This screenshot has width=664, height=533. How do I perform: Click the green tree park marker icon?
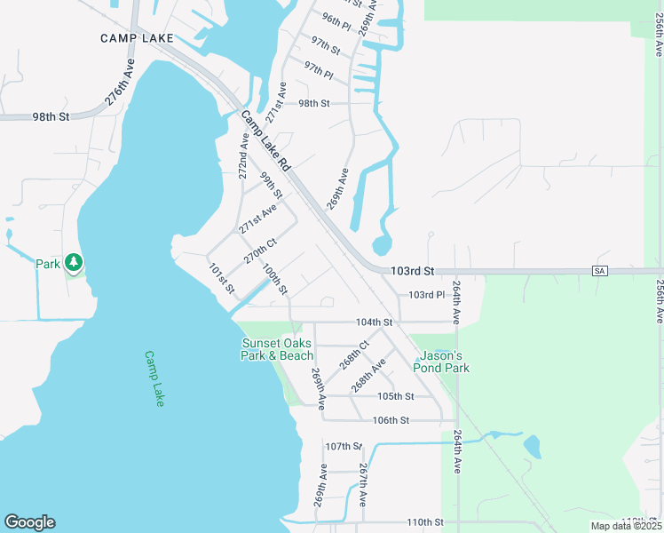pos(74,263)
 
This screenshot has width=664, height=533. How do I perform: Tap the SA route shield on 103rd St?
pos(601,270)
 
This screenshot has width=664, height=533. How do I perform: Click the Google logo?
pos(29,522)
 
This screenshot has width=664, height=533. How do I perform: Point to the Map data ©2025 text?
pos(625,526)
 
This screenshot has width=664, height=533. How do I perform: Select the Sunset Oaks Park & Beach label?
pos(278,349)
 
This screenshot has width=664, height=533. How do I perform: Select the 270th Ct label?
pos(261,250)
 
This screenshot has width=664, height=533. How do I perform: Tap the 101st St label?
pos(221,278)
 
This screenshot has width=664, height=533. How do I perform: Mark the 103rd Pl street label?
pos(426,295)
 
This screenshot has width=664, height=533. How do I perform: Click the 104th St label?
pos(374,322)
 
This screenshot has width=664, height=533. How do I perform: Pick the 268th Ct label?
pos(353,354)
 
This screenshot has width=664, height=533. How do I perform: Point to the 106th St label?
pos(391,420)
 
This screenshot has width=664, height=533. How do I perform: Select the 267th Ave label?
pos(363,485)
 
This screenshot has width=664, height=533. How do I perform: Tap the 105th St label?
pos(396,396)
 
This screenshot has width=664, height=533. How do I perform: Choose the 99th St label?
pos(271,185)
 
